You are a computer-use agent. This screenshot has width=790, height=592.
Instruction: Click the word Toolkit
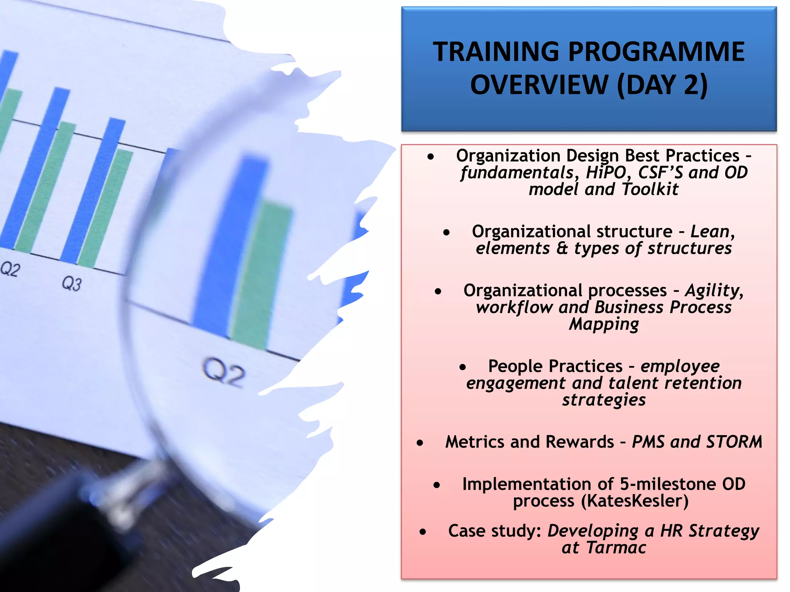pos(650,190)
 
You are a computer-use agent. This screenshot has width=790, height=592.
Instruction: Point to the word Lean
pos(710,232)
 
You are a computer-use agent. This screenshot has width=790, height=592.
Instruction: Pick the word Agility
pos(714,291)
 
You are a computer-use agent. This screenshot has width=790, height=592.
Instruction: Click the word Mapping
pos(604,325)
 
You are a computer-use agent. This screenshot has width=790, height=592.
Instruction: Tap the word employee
pos(680,366)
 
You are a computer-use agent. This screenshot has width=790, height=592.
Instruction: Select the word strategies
pos(604,400)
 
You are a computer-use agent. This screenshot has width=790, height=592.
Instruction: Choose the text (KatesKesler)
pos(635,501)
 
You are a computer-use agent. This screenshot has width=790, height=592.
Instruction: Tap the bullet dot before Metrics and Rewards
pos(420,443)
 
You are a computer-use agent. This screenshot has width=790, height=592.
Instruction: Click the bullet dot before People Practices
pos(463,368)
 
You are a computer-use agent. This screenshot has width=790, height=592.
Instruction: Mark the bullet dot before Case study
pos(423,532)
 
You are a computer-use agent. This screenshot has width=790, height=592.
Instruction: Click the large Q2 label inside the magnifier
pos(224,372)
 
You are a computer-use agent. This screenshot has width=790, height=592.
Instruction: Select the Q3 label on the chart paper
pos(72,284)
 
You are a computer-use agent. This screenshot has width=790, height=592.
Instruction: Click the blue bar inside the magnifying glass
pos(228,247)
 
